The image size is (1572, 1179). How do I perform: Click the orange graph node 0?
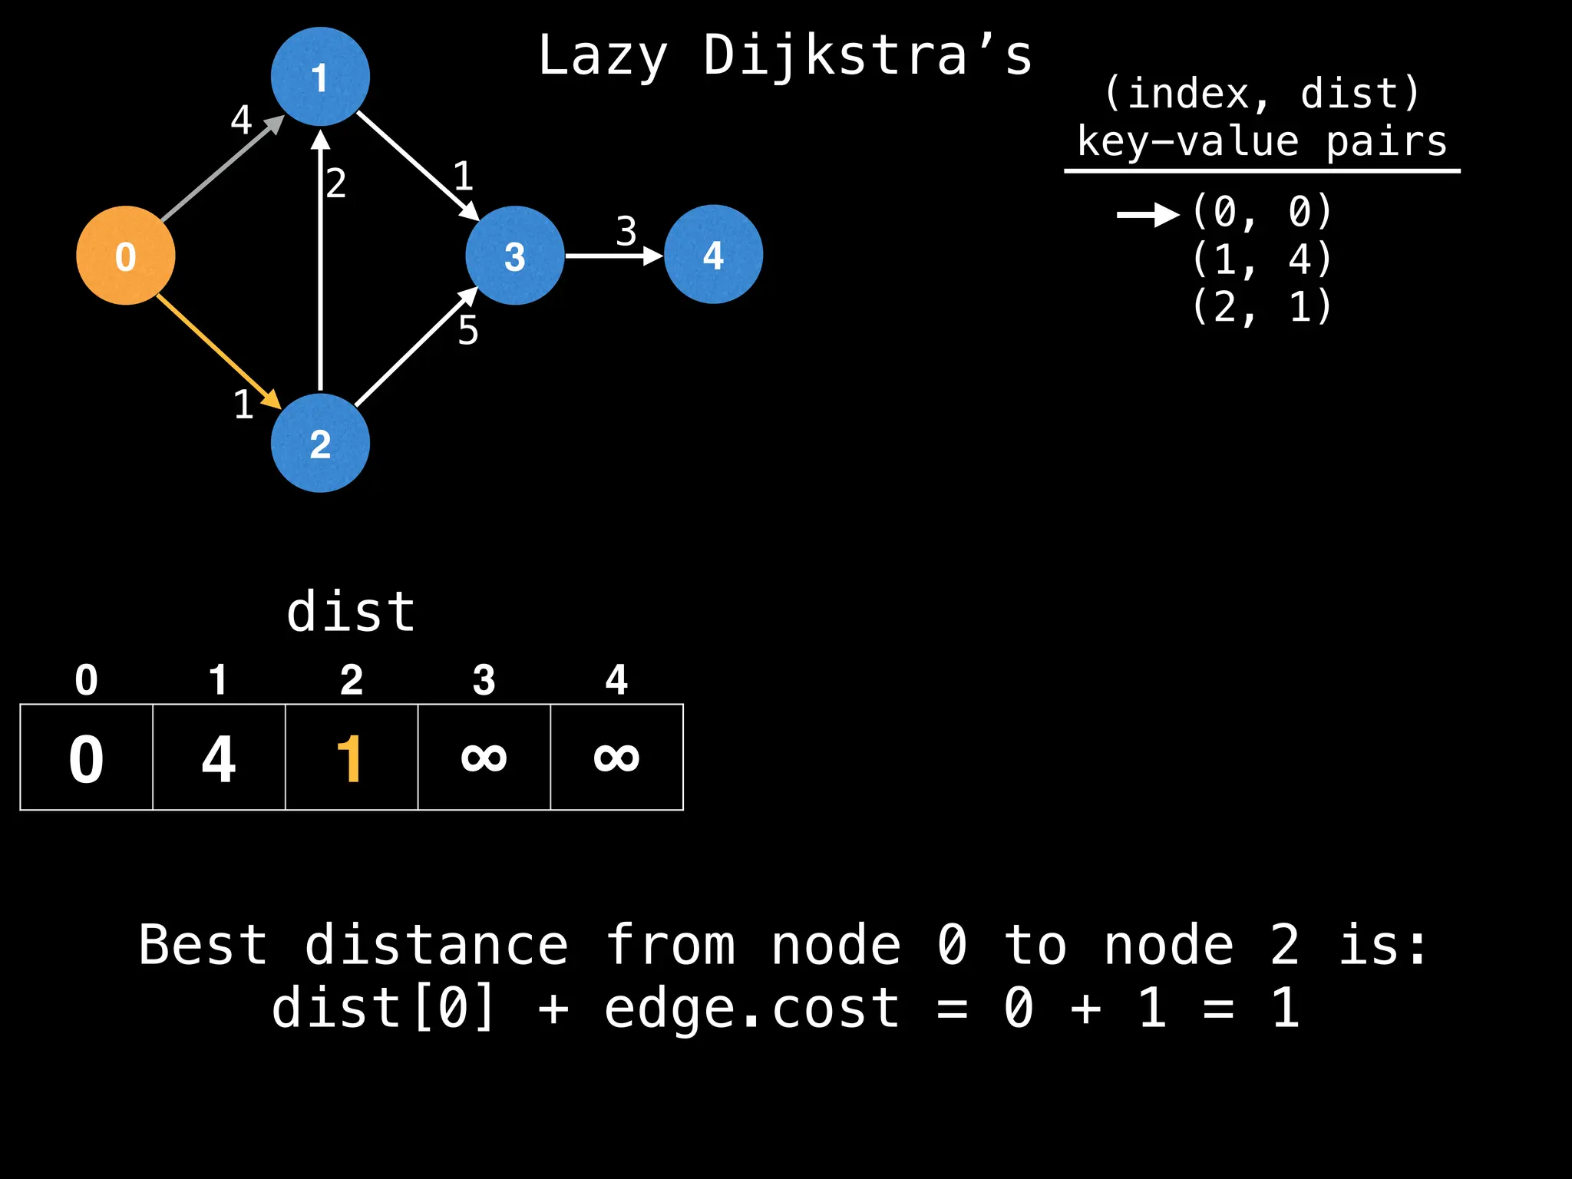click(126, 256)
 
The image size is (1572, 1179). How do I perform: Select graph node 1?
click(320, 77)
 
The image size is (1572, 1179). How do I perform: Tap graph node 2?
click(320, 443)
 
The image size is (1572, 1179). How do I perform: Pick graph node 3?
click(514, 256)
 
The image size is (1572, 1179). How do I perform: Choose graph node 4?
click(713, 254)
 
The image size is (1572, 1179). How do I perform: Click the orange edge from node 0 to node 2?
click(215, 348)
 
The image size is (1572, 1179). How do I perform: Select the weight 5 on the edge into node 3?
click(468, 331)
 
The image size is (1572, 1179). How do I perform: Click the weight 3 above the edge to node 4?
click(626, 231)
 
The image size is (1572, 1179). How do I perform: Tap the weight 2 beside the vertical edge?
click(336, 184)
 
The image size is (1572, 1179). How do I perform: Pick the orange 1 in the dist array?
click(351, 758)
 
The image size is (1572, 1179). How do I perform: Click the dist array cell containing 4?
click(219, 758)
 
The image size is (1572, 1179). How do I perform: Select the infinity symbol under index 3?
click(484, 758)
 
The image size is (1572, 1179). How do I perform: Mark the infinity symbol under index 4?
click(616, 758)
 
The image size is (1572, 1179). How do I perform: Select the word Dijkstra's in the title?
click(868, 55)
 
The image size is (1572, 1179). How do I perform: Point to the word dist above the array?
click(351, 612)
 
